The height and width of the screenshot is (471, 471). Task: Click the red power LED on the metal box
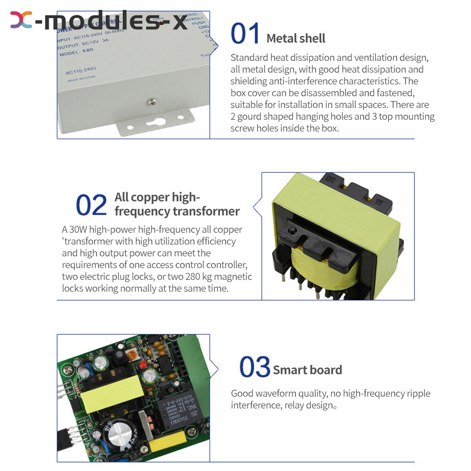161,23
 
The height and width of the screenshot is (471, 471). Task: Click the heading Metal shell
296,38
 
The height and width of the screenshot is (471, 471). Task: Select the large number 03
254,367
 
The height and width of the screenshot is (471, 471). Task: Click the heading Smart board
308,370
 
